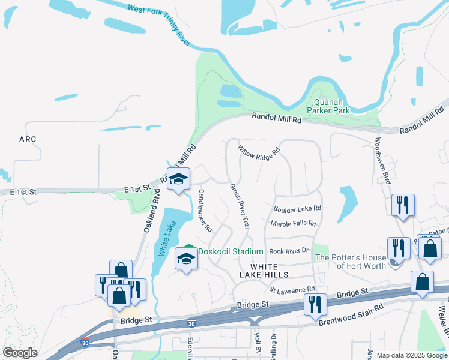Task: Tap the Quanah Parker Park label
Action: pyautogui.click(x=328, y=106)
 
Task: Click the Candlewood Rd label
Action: pyautogui.click(x=206, y=211)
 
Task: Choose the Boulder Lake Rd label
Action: pyautogui.click(x=297, y=209)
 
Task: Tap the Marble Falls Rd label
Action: pyautogui.click(x=293, y=224)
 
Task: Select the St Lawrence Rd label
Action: pyautogui.click(x=292, y=290)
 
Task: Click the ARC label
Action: pyautogui.click(x=28, y=139)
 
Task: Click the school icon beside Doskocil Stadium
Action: pyautogui.click(x=186, y=260)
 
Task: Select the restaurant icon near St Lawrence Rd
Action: pyautogui.click(x=315, y=305)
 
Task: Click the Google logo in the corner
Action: pyautogui.click(x=20, y=353)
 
